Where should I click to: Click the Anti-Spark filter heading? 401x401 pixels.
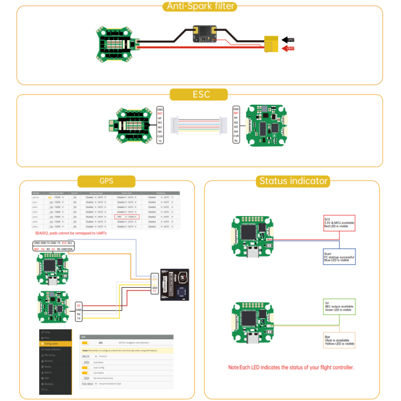[199, 7]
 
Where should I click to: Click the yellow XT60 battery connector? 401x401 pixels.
[272, 44]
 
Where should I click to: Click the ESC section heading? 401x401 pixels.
[200, 95]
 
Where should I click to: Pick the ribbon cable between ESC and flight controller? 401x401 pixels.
[197, 126]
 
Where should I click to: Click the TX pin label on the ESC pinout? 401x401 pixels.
[160, 141]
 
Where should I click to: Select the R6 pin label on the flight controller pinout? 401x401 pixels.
[236, 141]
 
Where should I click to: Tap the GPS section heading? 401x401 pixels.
[106, 181]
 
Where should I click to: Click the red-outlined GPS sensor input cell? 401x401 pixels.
[127, 217]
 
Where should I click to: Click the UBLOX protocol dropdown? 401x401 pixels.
[89, 356]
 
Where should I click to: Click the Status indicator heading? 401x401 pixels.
[293, 181]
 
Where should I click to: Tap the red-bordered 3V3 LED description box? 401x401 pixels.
[339, 223]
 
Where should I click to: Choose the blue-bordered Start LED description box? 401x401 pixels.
[339, 257]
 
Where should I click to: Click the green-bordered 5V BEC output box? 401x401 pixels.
[339, 306]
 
